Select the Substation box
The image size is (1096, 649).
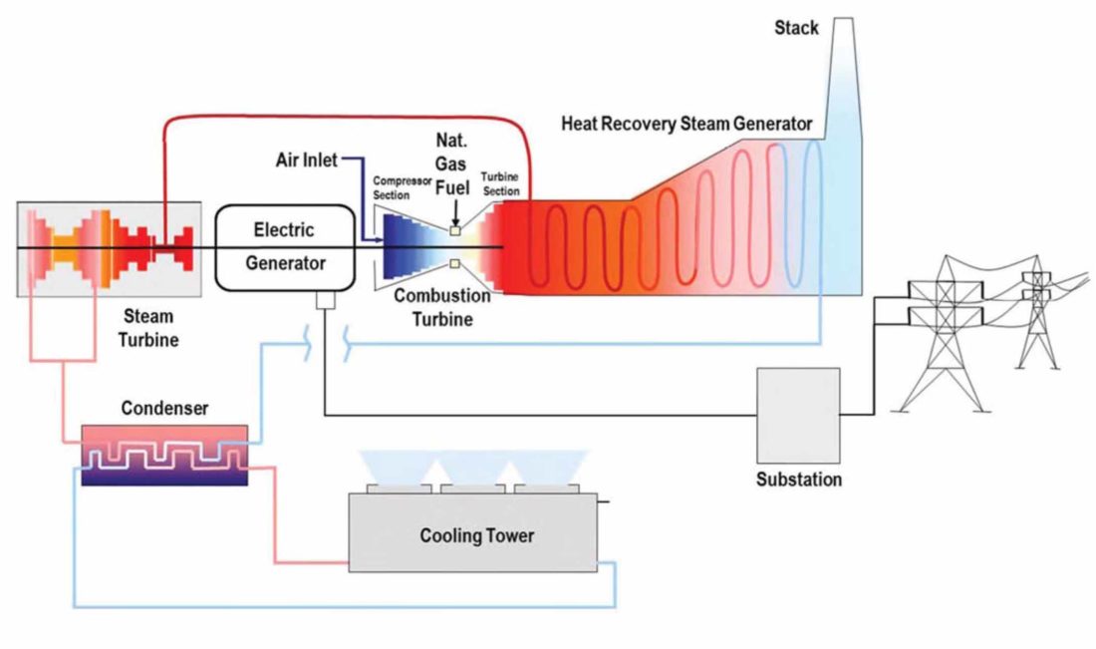pos(798,415)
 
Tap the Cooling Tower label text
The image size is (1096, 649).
pos(476,536)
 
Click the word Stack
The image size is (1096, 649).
pos(796,28)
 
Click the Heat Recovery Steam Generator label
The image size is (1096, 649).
pos(686,125)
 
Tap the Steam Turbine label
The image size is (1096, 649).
pos(147,328)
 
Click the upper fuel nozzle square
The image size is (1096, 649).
pos(454,230)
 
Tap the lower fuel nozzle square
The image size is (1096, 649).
pos(454,264)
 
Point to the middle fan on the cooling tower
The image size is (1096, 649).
pos(475,487)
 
